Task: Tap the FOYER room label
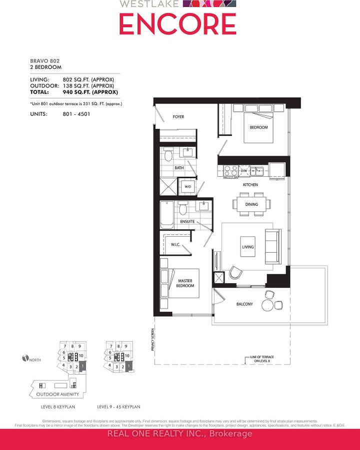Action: click(x=178, y=117)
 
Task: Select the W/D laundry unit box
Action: click(x=188, y=187)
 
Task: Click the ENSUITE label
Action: click(x=187, y=221)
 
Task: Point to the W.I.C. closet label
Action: click(x=175, y=245)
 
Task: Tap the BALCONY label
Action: click(x=244, y=304)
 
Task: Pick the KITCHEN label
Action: click(x=250, y=185)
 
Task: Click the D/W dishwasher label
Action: click(x=244, y=171)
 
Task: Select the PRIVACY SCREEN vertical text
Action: click(x=152, y=340)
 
